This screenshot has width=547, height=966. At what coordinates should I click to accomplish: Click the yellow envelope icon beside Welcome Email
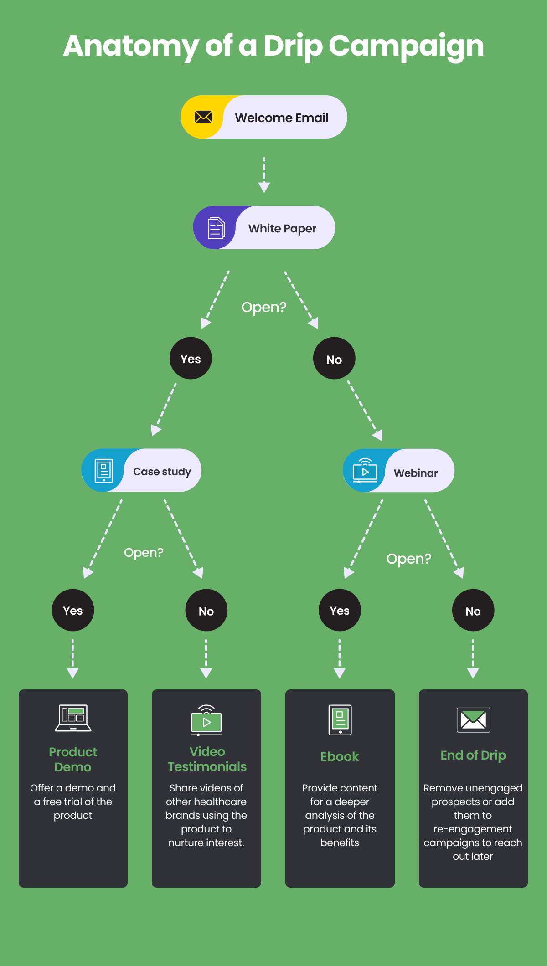coord(203,117)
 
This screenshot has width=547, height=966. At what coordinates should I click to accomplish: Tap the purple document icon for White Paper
coord(216,228)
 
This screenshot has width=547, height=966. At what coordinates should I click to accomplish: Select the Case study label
coord(162,472)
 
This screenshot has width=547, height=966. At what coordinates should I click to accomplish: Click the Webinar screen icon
coord(365,471)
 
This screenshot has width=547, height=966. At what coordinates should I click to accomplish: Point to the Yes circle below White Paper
coord(191,359)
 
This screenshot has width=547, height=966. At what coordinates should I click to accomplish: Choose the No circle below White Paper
coord(334,359)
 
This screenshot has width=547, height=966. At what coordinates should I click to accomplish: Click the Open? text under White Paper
coord(264,308)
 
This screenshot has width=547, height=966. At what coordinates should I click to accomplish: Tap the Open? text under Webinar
coord(408,559)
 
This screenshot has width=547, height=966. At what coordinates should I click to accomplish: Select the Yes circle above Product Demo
coord(73,611)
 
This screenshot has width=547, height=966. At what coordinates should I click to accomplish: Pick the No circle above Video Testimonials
coord(206,611)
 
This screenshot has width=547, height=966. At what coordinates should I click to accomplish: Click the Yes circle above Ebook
coord(340,611)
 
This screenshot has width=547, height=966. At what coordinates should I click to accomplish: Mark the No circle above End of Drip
coord(473,611)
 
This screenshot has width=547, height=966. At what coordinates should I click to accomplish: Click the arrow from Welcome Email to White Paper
coord(264,175)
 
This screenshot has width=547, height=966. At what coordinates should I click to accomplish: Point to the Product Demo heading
coord(73,759)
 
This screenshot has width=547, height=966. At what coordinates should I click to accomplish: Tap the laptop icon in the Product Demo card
coord(73,718)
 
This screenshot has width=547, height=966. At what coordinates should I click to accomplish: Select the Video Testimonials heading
coord(207,759)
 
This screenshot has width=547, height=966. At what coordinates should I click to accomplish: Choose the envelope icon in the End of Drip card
coord(473,720)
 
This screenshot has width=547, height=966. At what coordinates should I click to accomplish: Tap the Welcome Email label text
coord(282,118)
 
